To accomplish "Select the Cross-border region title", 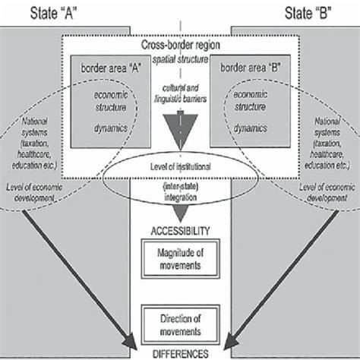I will pos(180,47).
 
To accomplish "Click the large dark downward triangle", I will pos(180,128).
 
